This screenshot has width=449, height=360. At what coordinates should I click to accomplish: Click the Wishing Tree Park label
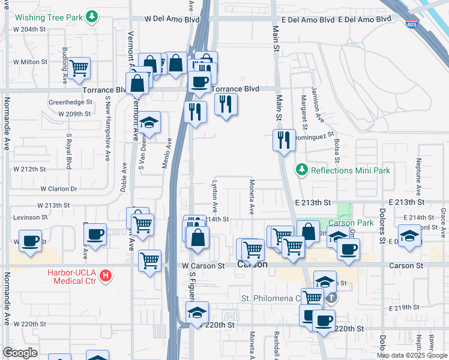coord(47,17)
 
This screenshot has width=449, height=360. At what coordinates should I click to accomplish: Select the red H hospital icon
coord(106,277)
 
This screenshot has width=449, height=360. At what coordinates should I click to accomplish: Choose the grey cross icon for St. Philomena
coord(330,298)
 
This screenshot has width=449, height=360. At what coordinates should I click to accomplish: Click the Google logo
coord(20,353)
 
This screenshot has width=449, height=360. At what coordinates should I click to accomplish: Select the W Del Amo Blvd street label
coord(175,19)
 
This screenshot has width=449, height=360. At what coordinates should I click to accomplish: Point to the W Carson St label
coord(203,265)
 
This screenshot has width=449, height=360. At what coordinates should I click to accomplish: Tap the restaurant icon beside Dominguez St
coord(283,140)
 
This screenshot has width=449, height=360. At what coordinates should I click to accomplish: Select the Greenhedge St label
coord(70,102)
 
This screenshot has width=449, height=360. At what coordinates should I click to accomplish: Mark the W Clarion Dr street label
coord(59,188)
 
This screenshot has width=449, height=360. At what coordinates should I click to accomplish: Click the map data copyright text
coord(412,355)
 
